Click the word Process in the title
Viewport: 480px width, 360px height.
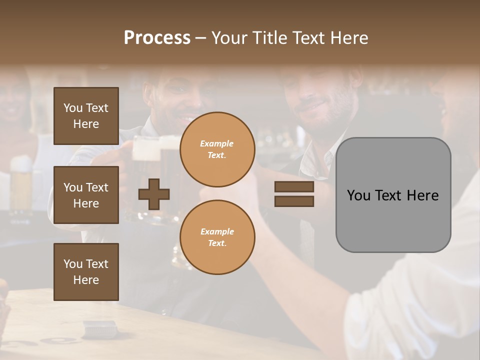pos(157,38)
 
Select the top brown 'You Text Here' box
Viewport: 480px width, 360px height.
pos(86,116)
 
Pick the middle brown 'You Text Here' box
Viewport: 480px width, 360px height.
pos(86,195)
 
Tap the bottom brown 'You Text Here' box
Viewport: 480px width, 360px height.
pos(86,271)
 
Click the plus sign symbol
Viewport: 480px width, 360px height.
pos(154,193)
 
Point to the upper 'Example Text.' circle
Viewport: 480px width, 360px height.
pos(217,149)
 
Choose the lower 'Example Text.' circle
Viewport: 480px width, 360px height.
pos(217,237)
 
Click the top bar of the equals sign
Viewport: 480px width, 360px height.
pos(294,187)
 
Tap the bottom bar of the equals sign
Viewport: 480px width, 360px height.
pos(294,201)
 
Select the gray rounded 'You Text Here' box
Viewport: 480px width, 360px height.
pos(393,195)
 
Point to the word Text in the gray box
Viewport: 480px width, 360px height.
pos(393,195)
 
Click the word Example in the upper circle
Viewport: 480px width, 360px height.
pos(217,143)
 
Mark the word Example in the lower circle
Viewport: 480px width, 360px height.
pos(217,231)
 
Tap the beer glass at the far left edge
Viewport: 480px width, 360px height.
pos(21,185)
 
